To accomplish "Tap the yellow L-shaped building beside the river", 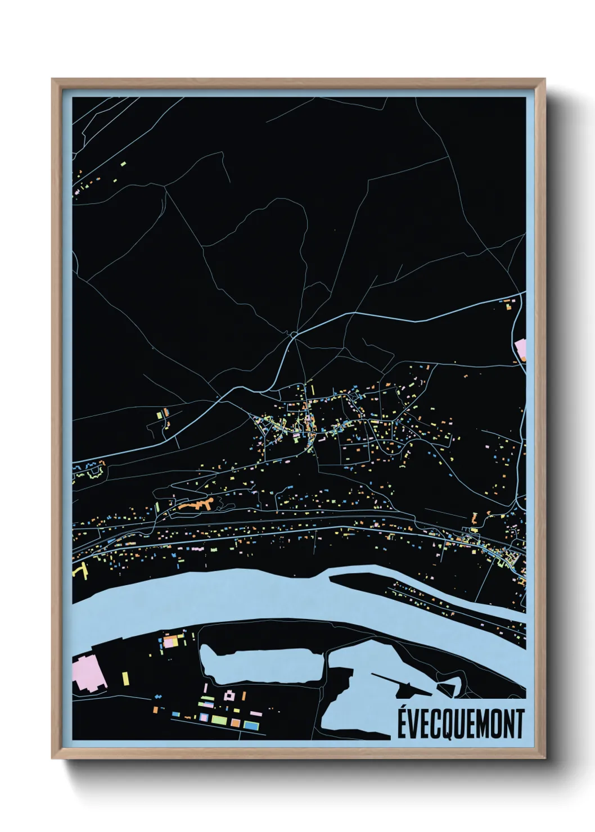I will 81,570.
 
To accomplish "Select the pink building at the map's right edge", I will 521,349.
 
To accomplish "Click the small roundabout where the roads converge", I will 293,335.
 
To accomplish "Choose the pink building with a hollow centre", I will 229,696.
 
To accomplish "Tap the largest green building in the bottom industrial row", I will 219,720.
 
